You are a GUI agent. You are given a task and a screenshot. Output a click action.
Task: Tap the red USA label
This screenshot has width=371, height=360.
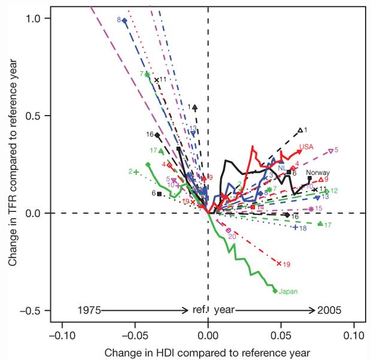[306, 147]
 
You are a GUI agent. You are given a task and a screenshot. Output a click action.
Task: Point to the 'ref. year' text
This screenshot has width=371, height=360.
[208, 310]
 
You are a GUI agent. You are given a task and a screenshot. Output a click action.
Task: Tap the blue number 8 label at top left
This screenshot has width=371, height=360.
[119, 20]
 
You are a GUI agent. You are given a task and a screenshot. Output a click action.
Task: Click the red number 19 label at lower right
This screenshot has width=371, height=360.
[287, 264]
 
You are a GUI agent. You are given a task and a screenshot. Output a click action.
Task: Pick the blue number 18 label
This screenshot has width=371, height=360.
[303, 228]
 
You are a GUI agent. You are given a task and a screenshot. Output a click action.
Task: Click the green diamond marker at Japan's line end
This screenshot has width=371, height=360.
[275, 291]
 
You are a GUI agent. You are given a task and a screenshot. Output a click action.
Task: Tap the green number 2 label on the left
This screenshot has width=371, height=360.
[129, 172]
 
